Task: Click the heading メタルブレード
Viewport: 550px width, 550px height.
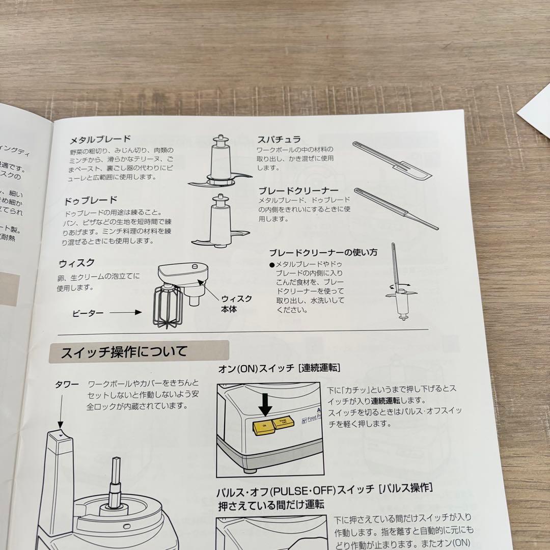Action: pos(100,139)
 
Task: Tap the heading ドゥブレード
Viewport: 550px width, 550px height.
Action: pos(91,200)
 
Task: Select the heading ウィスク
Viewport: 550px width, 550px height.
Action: pos(76,263)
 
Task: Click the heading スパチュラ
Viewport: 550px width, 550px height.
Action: pos(279,139)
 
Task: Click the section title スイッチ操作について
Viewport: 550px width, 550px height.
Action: pos(124,352)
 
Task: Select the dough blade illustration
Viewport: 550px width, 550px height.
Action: pos(221,222)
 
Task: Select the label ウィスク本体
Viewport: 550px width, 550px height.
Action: pos(236,304)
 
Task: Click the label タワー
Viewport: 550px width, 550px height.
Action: pos(67,384)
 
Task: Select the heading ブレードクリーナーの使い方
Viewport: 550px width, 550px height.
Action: pos(323,252)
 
